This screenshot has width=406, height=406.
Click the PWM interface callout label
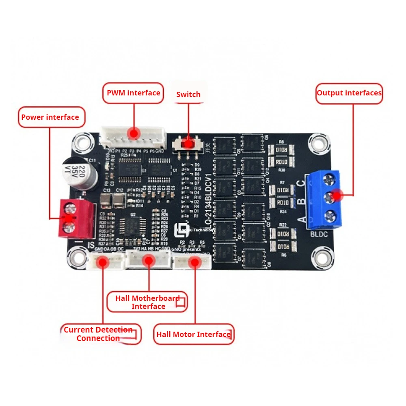pos(133,93)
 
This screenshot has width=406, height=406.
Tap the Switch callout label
pos(188,95)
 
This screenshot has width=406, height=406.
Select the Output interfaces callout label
pos(349,93)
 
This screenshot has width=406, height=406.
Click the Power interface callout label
pos(50,117)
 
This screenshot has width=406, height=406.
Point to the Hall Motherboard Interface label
pos(147,302)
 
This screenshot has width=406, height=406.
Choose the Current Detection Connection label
pos(99,334)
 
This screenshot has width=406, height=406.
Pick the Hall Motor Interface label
pos(194,335)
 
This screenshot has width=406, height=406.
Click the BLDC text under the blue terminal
pos(319,234)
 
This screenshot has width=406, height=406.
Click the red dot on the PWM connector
pos(133,133)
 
